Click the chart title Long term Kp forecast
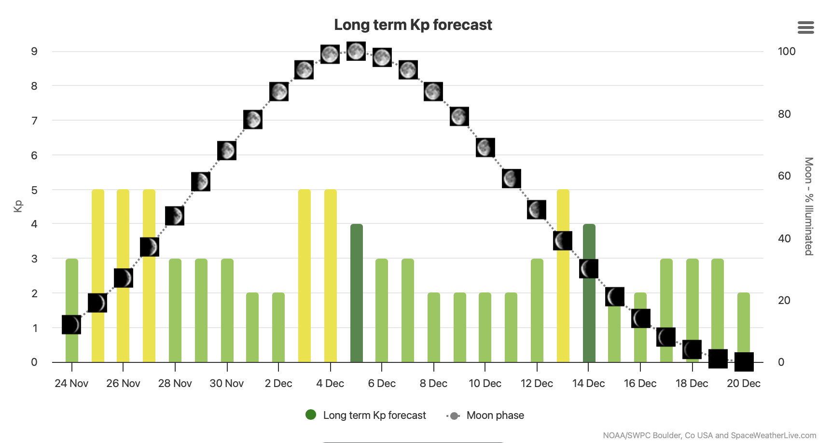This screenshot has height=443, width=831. (x=413, y=25)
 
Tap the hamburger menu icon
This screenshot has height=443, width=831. (x=805, y=28)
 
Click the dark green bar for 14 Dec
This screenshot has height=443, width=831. (x=589, y=318)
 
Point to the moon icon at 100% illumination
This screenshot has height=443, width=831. (x=356, y=51)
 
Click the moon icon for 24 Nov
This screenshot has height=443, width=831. (x=71, y=325)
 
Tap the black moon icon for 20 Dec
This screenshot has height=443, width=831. (x=744, y=362)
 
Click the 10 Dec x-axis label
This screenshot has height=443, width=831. (x=485, y=384)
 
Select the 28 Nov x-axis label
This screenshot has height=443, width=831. (x=175, y=384)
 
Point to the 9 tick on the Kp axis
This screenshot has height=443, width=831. (x=34, y=51)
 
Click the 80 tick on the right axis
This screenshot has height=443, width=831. (x=784, y=114)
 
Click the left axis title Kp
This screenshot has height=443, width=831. (x=18, y=206)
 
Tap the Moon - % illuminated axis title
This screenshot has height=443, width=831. (x=809, y=206)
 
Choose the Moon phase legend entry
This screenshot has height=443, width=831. (x=486, y=415)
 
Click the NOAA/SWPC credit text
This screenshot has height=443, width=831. (x=709, y=435)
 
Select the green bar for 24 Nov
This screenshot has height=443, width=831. (x=72, y=290)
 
